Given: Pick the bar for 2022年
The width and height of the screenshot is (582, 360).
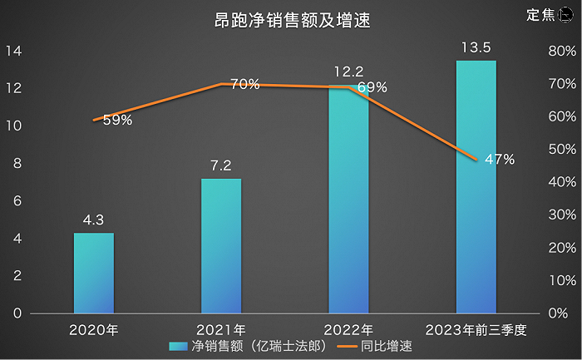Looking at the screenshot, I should tap(348, 200).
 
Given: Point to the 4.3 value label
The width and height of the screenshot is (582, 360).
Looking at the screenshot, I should tap(94, 220).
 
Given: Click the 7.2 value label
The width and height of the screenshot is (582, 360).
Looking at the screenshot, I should tap(221, 166).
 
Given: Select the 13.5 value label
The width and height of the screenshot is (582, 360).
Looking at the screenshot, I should tap(476, 47).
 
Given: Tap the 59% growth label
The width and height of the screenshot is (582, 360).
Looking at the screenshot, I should tap(117, 120).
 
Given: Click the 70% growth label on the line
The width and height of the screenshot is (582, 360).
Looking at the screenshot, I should tap(244, 84).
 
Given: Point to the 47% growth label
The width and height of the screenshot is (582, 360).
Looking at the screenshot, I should tap(499, 159).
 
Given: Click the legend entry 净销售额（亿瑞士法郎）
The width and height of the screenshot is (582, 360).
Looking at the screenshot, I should tap(246, 346).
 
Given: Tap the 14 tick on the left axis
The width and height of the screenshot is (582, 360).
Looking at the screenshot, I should tap(14, 51).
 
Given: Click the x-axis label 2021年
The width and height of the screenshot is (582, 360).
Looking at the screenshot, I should tap(221, 329).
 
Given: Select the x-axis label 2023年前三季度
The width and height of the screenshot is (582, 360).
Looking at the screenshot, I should tap(476, 329).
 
